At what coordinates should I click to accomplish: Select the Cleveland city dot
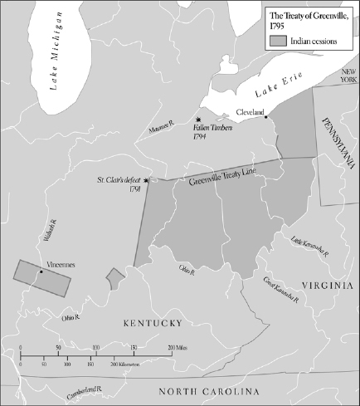pyautogui.click(x=266, y=117)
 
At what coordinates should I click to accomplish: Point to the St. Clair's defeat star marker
pyautogui.click(x=147, y=180)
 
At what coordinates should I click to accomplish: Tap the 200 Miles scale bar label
pyautogui.click(x=178, y=345)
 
